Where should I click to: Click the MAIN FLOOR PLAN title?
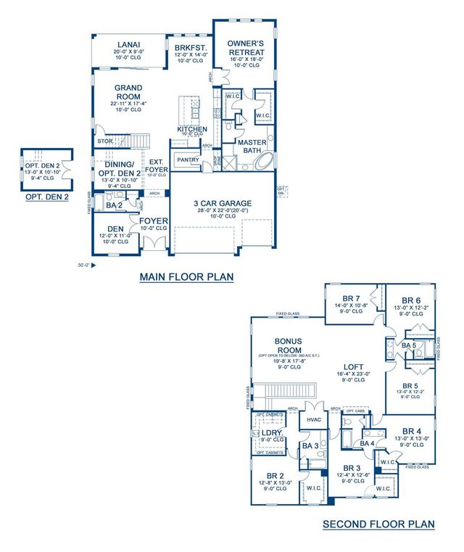186,277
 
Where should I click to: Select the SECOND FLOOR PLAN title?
378,524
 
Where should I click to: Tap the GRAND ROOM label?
129,92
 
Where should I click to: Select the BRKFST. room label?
191,49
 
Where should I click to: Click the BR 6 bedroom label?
410,300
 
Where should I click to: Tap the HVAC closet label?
313,419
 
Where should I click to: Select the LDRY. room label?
271,432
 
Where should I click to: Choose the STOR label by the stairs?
104,141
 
